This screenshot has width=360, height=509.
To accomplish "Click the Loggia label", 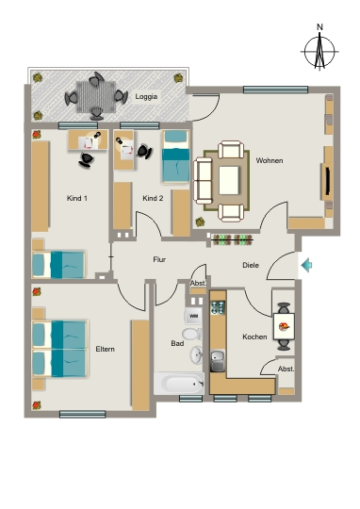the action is (146, 97).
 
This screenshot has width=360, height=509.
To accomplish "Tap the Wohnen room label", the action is (270, 160).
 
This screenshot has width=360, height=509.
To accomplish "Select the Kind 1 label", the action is (77, 198).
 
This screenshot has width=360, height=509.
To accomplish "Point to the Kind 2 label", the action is (153, 198).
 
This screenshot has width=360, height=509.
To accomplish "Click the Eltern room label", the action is (105, 349).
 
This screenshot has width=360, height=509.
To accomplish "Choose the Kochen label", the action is (254, 337).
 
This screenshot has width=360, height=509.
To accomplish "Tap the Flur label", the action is (159, 259).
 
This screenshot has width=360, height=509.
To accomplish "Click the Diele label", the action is (251, 265).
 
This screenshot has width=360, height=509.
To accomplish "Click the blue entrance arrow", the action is (306, 265).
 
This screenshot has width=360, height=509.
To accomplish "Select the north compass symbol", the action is (319, 49).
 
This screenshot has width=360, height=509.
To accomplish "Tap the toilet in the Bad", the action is (192, 334).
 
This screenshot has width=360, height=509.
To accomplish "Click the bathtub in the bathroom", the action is (179, 384).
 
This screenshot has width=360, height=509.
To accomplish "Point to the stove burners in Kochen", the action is (218, 307).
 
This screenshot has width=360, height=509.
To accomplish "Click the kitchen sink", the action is (218, 360).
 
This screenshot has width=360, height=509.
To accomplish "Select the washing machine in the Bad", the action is (193, 316).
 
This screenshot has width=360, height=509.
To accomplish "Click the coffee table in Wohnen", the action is (229, 180).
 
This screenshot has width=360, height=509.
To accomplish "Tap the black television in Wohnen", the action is (328, 181).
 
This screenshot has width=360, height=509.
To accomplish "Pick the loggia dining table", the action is (96, 97).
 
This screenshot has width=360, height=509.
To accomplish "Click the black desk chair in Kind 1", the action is (86, 160).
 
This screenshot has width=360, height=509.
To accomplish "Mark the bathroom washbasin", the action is (196, 354).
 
